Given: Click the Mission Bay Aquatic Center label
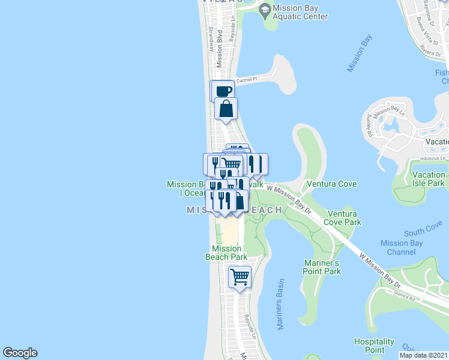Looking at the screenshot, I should pos(300,13).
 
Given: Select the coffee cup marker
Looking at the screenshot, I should pos(223,91).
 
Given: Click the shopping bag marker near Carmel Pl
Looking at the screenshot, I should pos(226,109).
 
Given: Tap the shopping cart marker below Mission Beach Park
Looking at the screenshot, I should pos(240,277).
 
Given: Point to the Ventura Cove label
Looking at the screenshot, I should pos(331,184).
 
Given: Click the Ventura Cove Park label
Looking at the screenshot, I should pos(343,218).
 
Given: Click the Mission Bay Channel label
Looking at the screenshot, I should pos(402,247).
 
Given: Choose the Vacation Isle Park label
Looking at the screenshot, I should pos(429,178).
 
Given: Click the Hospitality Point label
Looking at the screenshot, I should pos(374,345).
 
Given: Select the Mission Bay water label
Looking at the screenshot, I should pos(360,54).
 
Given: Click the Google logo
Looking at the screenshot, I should pos(20,353).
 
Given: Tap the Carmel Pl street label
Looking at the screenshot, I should pos(247,79).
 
